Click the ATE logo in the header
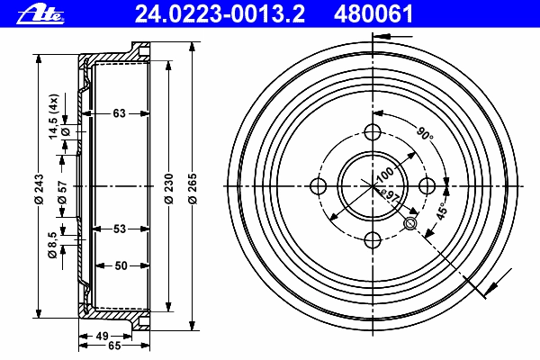(x=40, y=14)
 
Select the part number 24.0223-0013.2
(x=220, y=14)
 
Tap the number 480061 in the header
(x=373, y=14)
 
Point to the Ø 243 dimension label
(x=39, y=189)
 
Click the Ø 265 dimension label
(x=193, y=189)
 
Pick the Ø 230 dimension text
(x=169, y=189)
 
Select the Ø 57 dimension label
(x=62, y=193)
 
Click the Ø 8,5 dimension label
(x=52, y=246)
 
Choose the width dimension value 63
(x=119, y=113)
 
